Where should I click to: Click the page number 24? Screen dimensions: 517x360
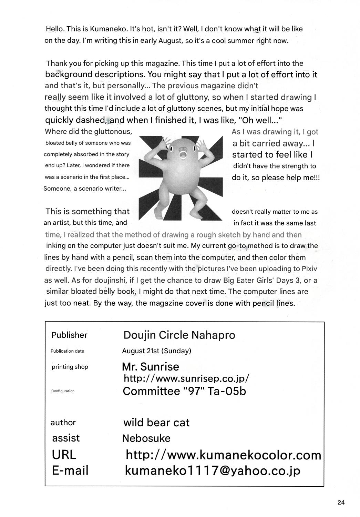click(341, 502)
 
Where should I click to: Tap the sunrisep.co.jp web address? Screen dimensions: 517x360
click(186, 378)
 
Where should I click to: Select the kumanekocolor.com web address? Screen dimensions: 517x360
click(223, 455)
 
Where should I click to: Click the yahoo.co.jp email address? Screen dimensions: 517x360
click(212, 470)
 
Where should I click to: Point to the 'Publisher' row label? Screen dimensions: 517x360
click(69, 335)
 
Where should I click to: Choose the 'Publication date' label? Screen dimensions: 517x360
click(67, 351)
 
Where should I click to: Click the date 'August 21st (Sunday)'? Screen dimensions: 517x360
click(156, 351)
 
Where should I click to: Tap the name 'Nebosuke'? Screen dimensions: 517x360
click(146, 438)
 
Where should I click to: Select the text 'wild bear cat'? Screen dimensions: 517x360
click(156, 423)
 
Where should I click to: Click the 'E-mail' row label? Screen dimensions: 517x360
click(70, 470)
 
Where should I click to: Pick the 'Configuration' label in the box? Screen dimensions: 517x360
click(63, 391)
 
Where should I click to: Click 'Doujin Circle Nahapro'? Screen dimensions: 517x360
click(179, 335)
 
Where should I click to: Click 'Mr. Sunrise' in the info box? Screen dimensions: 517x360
click(151, 366)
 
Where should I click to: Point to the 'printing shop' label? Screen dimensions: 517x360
click(70, 367)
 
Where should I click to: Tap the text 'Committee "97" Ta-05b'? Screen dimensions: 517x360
click(184, 392)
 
